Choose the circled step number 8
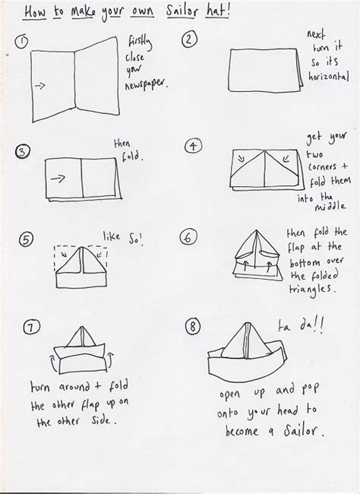[193, 327]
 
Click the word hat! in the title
[248, 13]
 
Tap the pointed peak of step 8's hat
[251, 321]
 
